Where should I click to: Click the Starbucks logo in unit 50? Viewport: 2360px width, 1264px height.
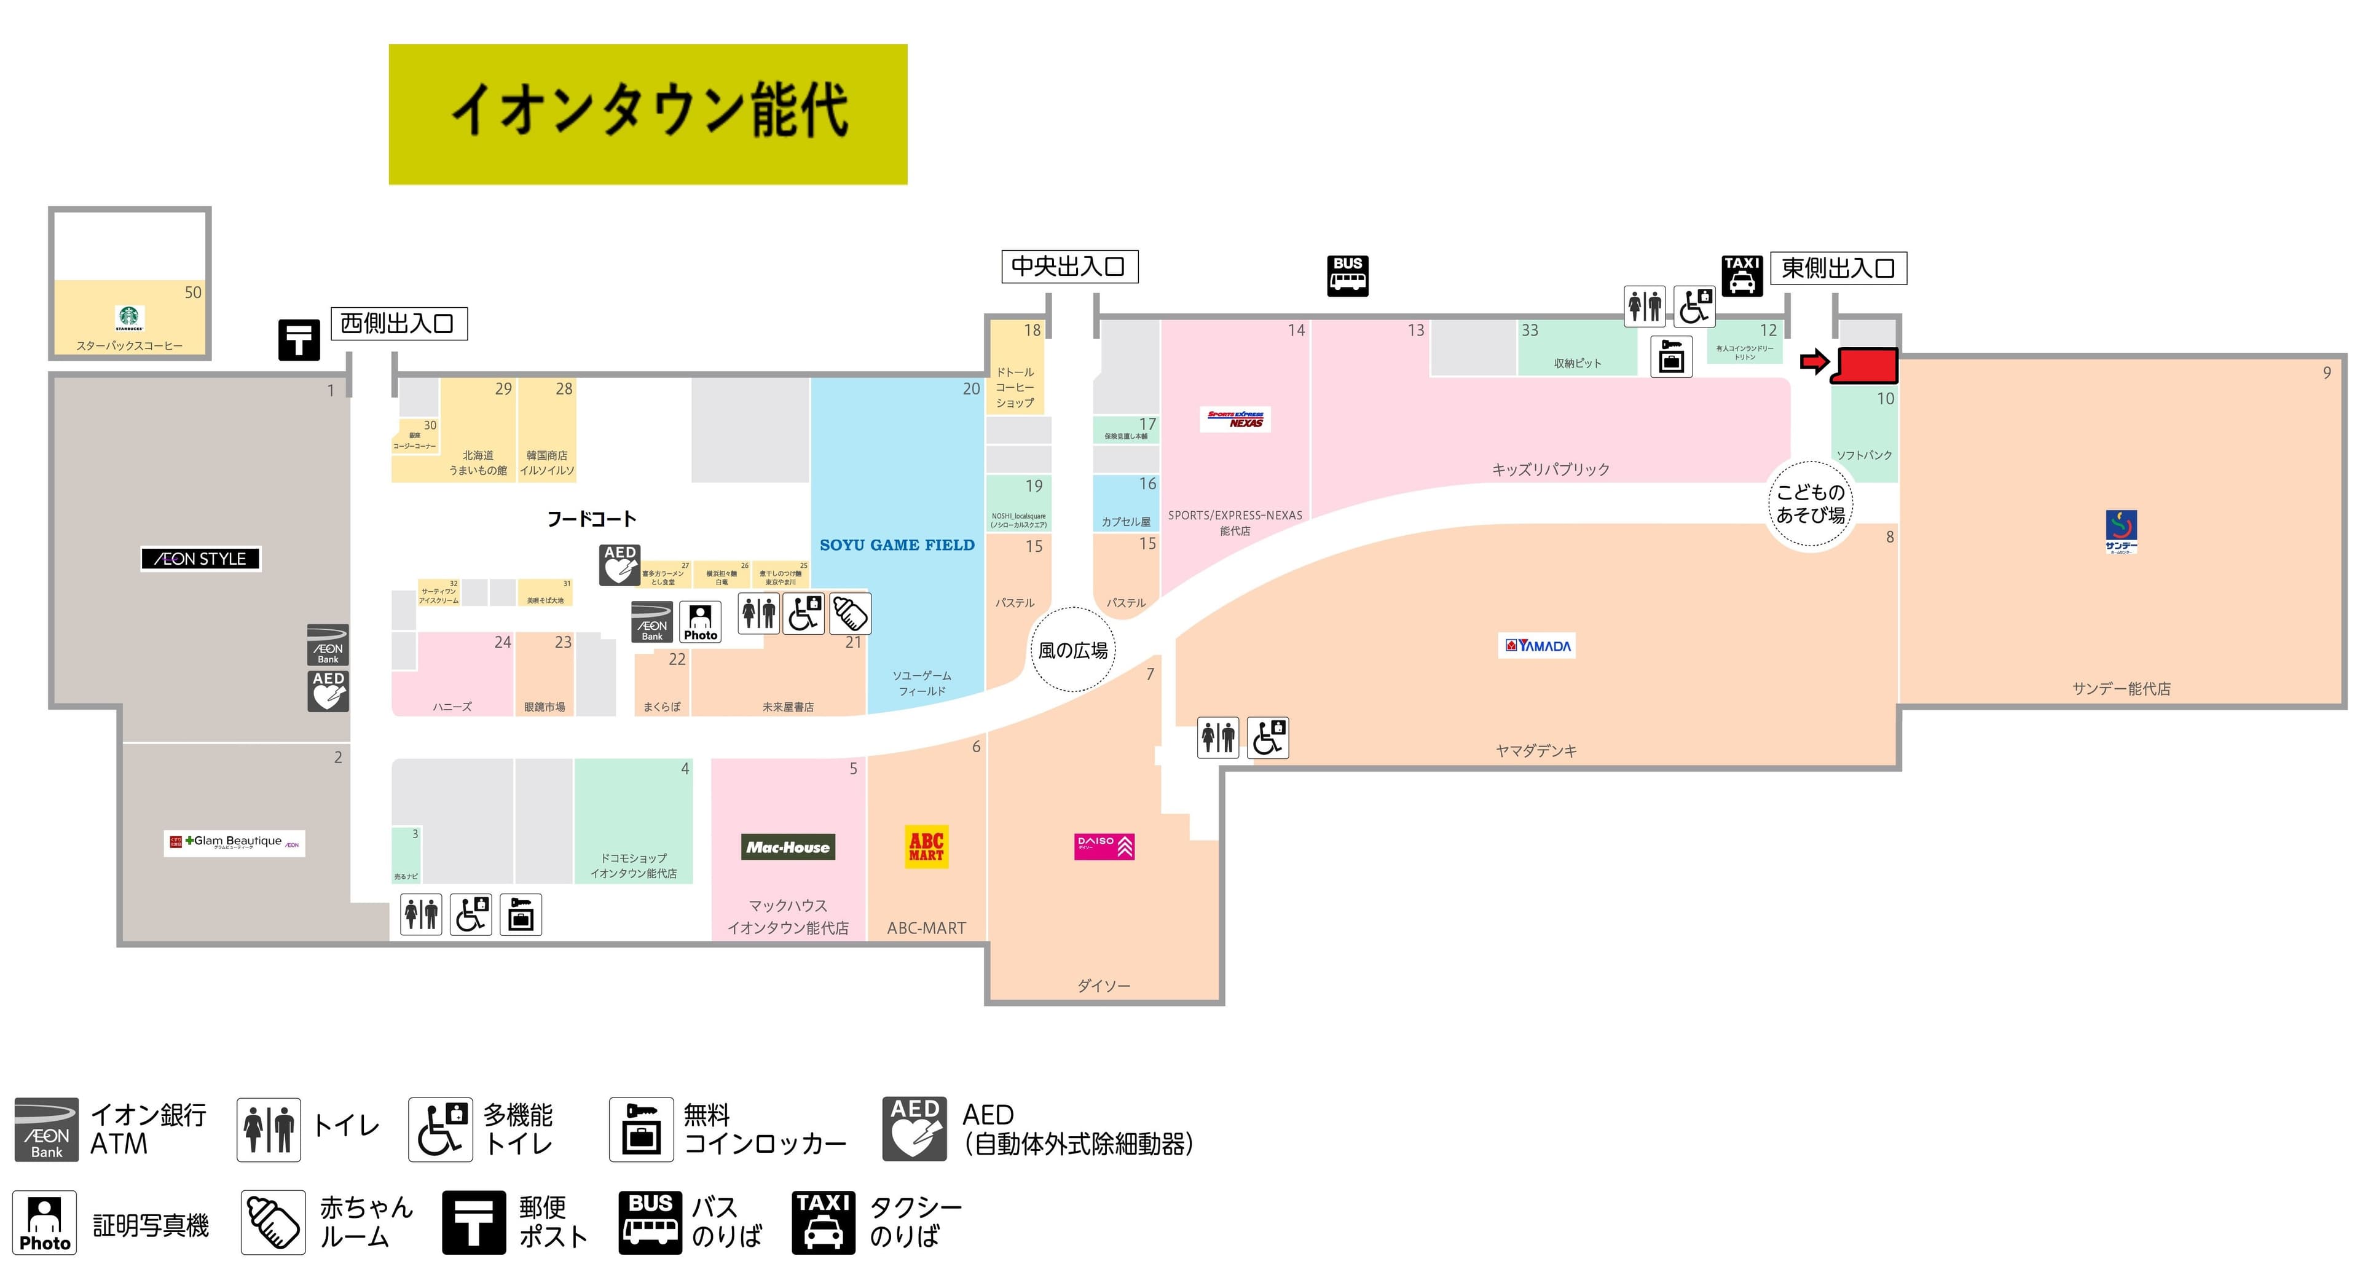[x=130, y=318]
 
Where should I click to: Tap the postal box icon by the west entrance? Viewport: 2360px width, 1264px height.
[x=299, y=340]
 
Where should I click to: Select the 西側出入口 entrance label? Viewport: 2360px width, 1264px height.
[x=398, y=323]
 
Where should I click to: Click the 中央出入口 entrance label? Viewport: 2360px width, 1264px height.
[x=1069, y=267]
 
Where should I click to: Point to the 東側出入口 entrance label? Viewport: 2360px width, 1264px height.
[x=1838, y=269]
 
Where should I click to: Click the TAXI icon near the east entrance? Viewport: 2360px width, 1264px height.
[x=1742, y=276]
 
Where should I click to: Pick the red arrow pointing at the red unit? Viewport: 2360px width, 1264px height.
[x=1814, y=363]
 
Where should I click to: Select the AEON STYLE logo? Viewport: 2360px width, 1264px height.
[x=200, y=559]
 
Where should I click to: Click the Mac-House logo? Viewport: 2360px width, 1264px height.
[x=788, y=847]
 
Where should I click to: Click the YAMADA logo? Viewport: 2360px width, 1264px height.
[x=1538, y=646]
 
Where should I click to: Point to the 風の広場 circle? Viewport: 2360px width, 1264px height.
[x=1073, y=650]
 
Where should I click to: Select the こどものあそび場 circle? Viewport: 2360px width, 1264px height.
[x=1811, y=504]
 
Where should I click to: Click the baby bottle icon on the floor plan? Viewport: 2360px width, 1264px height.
[x=850, y=614]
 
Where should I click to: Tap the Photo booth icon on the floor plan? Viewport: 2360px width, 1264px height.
[x=701, y=622]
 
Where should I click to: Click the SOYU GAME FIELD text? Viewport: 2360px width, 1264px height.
[x=897, y=545]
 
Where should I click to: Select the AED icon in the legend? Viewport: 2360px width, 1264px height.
[x=914, y=1128]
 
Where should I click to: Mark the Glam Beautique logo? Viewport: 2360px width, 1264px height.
[x=235, y=842]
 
